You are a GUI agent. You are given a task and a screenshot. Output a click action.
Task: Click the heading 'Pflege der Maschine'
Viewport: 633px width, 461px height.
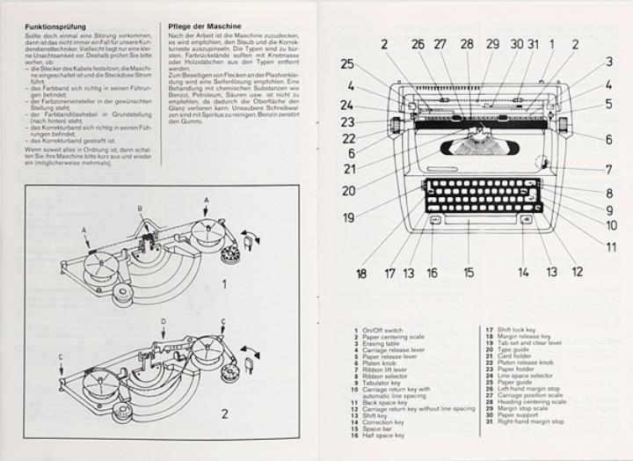tap(200, 26)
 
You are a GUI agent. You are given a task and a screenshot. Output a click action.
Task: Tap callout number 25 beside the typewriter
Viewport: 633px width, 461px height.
tap(347, 63)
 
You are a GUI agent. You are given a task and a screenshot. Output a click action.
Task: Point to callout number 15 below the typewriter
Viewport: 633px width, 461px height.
tap(469, 273)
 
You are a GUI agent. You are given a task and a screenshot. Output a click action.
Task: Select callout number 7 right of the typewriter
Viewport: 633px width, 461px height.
tap(608, 170)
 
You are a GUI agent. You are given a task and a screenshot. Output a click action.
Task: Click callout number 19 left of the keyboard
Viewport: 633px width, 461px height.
tap(349, 217)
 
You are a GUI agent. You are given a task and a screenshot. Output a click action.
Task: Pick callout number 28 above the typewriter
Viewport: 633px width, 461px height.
tap(467, 43)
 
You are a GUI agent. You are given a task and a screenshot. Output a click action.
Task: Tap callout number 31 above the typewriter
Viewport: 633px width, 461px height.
tap(533, 43)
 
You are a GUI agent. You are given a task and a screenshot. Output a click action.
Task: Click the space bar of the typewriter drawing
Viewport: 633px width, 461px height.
tap(480, 221)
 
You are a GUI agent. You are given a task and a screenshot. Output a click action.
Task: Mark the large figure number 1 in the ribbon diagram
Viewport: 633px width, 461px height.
tap(225, 284)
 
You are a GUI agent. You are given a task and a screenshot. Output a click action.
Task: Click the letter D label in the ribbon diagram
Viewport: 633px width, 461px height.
tap(164, 322)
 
